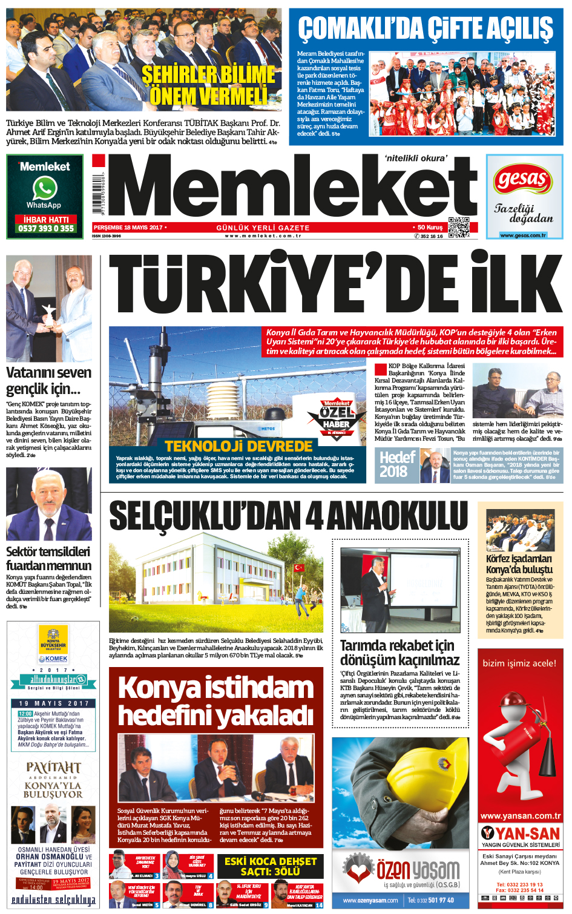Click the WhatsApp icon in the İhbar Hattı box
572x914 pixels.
tap(45, 188)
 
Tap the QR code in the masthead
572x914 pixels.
tap(458, 226)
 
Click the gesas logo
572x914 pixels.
tap(522, 180)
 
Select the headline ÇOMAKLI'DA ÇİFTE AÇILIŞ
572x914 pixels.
tap(426, 28)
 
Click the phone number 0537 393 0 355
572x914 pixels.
tap(45, 228)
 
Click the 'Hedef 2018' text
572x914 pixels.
tap(396, 464)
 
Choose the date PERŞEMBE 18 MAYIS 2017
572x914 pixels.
tap(128, 227)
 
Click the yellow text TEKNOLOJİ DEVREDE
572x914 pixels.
tap(238, 446)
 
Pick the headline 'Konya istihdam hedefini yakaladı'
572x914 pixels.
tap(216, 701)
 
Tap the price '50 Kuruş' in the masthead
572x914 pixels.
tap(430, 228)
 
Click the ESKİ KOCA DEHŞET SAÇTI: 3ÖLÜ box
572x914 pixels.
tap(270, 866)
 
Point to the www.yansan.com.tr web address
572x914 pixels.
tap(520, 816)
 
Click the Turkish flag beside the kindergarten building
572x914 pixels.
tap(298, 568)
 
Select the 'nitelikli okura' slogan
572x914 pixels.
tap(416, 158)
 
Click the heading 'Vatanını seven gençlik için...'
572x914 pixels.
tap(48, 380)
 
